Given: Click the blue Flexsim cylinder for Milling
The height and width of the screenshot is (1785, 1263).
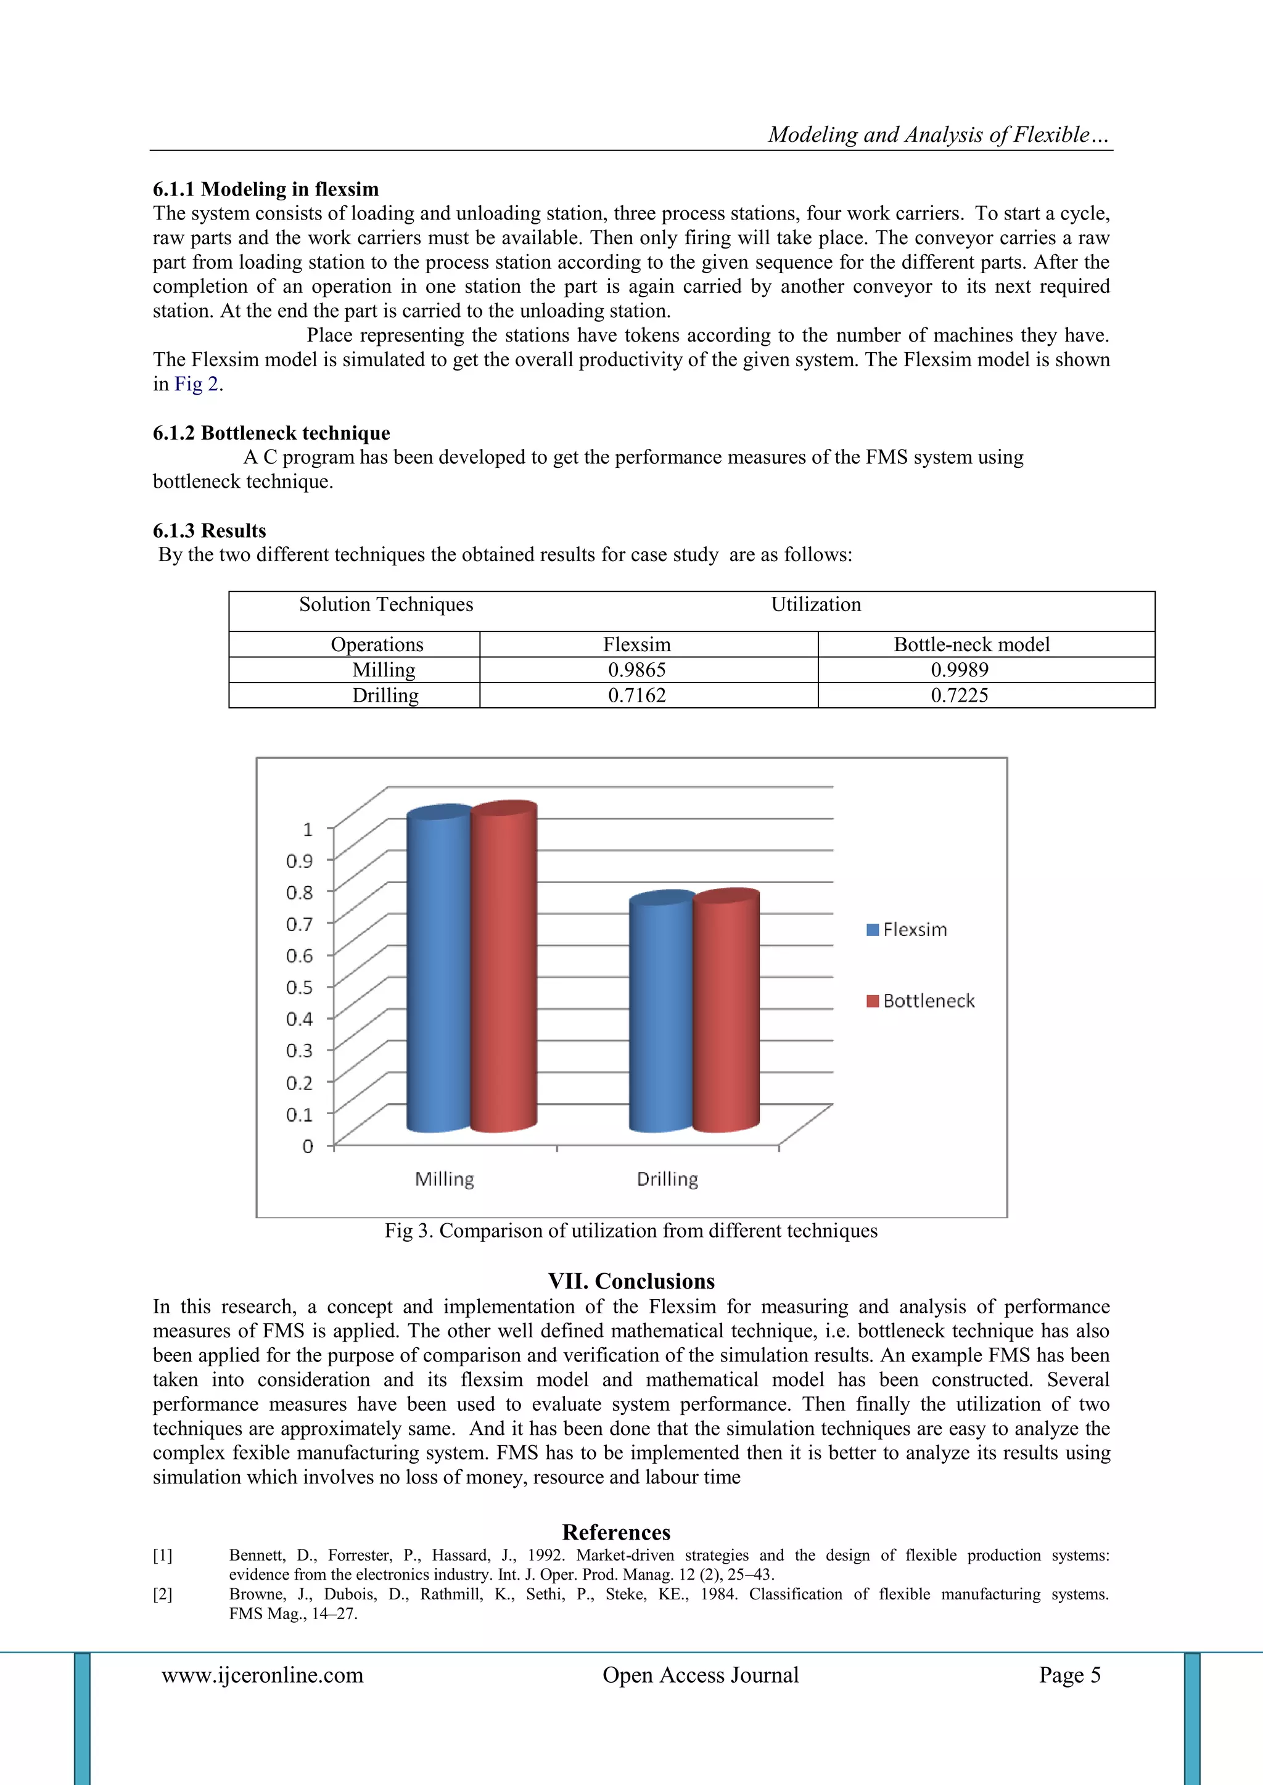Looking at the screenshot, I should coord(438,972).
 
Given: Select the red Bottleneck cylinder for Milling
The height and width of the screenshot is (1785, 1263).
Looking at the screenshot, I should coord(504,968).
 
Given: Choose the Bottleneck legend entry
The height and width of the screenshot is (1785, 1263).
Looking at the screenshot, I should coord(921,1001).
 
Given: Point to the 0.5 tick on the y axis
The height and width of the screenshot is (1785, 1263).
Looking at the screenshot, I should coord(300,987).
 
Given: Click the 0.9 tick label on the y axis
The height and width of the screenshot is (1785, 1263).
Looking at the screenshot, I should coord(300,861).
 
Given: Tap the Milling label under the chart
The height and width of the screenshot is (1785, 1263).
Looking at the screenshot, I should coord(444,1180).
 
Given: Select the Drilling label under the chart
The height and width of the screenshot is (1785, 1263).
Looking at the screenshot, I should coord(667,1180).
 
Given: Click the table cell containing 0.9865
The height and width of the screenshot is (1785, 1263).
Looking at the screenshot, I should coord(637,670).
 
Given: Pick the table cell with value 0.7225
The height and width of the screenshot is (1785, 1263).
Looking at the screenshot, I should coord(959,695).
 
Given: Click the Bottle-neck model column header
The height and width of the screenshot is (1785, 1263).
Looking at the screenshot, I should coord(971,644).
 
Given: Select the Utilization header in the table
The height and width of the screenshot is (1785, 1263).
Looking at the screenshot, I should coord(816,605).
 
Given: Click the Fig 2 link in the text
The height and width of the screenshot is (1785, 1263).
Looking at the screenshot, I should coord(196,384).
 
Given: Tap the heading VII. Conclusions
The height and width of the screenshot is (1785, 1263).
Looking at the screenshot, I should coord(631,1281).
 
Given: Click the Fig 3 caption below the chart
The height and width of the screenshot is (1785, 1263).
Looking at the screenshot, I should coord(631,1231).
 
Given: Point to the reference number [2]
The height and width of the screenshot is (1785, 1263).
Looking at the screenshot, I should coord(163,1594).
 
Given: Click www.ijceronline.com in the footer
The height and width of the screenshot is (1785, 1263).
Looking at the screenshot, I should coord(262,1675).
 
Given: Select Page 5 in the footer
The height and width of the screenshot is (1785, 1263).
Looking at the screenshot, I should coord(1069,1675).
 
